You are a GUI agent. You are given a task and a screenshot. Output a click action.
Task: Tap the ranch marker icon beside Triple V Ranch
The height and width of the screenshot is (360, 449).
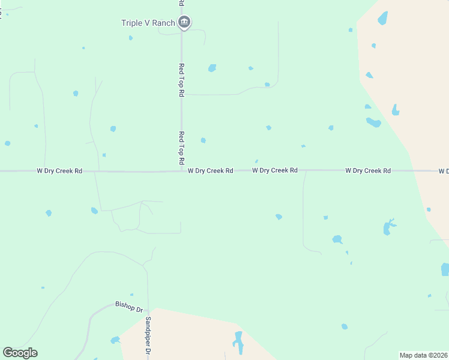pos(184,23)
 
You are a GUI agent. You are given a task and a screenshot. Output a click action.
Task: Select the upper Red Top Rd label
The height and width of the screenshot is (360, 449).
pos(181,80)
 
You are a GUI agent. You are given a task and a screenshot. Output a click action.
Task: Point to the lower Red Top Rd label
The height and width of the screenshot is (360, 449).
pos(181,149)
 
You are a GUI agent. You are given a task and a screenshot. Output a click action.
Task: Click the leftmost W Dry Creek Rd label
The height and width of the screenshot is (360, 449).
pos(59,171)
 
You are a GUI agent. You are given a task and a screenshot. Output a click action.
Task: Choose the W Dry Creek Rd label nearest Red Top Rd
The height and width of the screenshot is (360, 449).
pos(210,171)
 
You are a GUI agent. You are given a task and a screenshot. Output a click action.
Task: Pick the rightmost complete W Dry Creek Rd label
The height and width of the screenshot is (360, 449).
pos(368,171)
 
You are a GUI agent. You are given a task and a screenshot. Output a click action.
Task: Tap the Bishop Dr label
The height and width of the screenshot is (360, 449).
pos(128,306)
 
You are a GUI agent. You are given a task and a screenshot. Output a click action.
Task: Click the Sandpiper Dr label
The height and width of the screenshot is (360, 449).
pos(148,336)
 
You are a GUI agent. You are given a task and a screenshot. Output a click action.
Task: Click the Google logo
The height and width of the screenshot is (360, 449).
pos(20,353)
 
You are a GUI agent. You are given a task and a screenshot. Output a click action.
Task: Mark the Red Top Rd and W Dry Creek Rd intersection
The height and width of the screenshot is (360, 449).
pos(181,171)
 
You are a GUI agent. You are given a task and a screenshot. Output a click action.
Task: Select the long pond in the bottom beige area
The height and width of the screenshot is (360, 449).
pos(239,343)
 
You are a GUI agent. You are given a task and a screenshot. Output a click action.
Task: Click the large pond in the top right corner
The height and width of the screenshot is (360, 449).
pos(382,19)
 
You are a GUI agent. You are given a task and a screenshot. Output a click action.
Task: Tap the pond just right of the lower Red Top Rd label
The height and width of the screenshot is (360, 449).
pos(203,140)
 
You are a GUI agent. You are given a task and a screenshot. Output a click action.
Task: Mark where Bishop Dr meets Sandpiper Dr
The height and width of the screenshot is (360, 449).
pos(148,311)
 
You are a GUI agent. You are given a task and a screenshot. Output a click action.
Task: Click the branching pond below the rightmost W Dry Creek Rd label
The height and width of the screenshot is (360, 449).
pos(388,227)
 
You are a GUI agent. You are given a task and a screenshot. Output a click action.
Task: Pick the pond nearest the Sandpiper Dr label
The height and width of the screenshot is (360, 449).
pos(115,340)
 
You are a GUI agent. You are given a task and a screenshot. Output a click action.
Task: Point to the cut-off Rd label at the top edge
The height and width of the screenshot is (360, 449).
pos(181,3)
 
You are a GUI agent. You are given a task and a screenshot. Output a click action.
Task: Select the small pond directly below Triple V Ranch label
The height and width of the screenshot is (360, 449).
pos(130,38)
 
